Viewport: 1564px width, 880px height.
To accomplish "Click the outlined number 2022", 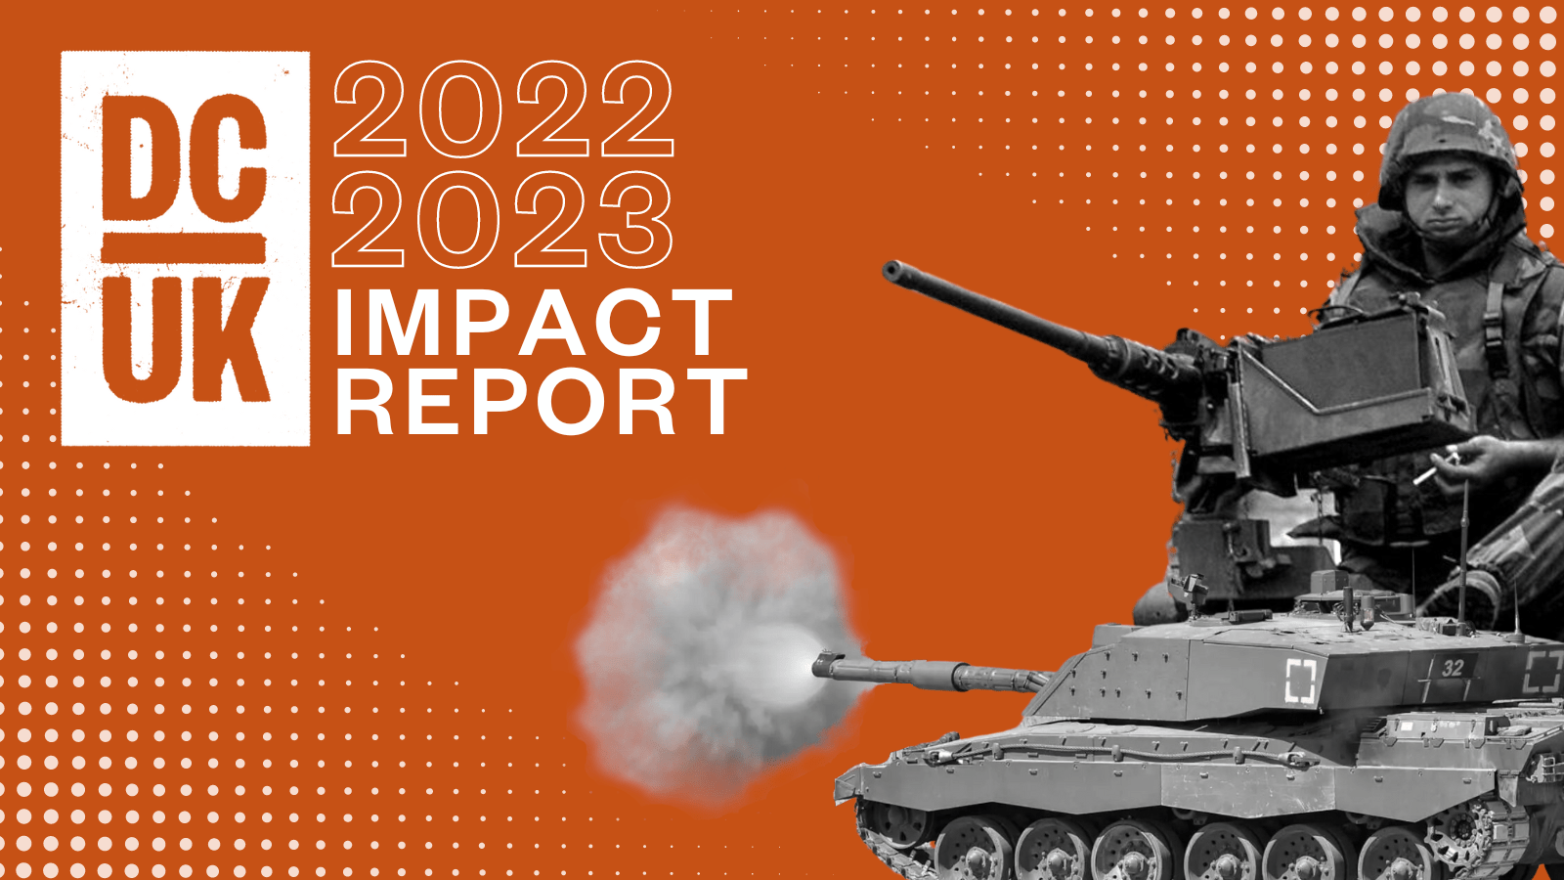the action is (503, 110).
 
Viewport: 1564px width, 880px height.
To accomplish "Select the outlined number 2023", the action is (502, 219).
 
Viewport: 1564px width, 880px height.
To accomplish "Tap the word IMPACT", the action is (534, 322).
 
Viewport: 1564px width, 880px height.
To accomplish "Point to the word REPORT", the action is (542, 402).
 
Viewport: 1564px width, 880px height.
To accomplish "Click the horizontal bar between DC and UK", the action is (184, 249).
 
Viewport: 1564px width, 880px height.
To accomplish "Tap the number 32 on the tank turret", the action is (1453, 668).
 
